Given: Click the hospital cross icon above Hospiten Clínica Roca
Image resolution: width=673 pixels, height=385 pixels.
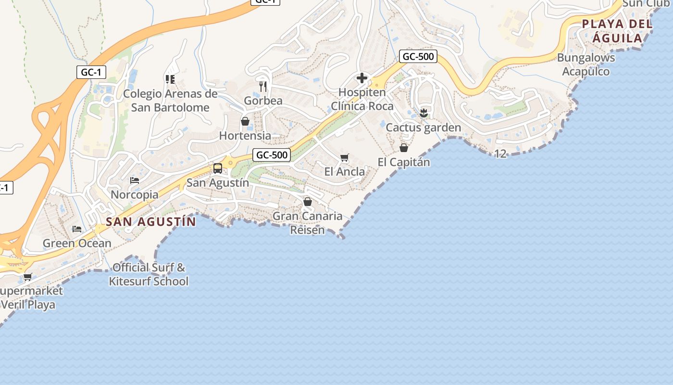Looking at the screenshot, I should point(362,78).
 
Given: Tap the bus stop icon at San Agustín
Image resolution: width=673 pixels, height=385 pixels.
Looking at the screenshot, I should point(218,168).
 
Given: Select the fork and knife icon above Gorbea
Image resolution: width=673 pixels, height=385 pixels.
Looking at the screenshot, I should point(262,87).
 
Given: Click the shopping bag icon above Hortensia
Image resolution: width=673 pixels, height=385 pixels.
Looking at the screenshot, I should point(245,121).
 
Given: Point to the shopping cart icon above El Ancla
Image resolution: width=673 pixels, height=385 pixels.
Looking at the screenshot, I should point(344,157).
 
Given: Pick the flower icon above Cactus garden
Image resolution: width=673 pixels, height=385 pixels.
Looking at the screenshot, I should point(424,113).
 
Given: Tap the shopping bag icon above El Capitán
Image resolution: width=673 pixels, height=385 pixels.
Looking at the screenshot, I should point(404,148).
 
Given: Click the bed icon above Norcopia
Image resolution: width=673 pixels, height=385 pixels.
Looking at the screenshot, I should point(135,180).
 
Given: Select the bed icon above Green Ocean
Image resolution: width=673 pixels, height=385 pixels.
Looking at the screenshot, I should point(77,229).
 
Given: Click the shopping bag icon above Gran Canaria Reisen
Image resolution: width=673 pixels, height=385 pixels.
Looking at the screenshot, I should point(308,202).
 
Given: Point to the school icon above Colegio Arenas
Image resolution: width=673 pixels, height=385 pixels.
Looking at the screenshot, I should point(170,79).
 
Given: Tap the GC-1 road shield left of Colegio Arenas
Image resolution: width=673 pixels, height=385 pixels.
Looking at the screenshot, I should point(91,72).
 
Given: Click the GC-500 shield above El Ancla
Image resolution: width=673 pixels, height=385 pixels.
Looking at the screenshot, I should point(272,155).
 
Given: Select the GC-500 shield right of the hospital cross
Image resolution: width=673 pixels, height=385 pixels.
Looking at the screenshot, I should point(418,56).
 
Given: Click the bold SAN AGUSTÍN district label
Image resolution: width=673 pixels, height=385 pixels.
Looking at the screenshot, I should point(151,222).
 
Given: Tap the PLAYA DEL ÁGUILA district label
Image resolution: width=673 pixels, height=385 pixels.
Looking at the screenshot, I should point(617,31).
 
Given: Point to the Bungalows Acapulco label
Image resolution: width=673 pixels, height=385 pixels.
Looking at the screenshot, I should point(586,64).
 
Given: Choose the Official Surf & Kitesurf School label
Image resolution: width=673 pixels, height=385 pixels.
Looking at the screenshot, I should point(149,274).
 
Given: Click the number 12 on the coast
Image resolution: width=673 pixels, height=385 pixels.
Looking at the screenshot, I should point(500,154).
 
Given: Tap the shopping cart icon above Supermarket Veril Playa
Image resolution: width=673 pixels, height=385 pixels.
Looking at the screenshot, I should point(28,277).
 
